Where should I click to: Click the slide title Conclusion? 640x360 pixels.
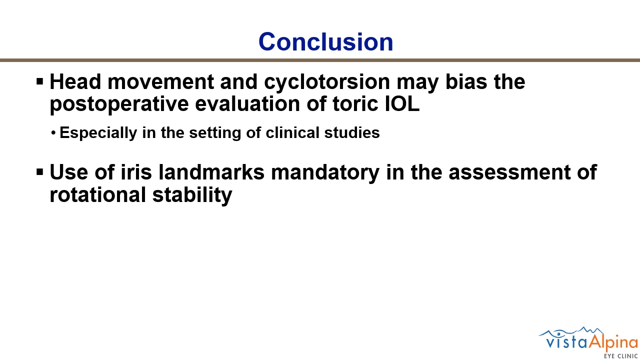[325, 41]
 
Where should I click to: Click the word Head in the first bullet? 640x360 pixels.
[75, 81]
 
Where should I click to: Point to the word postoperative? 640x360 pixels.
[119, 105]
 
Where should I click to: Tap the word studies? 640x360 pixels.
[352, 132]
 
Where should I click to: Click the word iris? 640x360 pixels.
[136, 172]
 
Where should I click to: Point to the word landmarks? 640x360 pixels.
[211, 172]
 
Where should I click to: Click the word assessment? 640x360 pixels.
[509, 172]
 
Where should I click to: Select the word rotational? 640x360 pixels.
[97, 195]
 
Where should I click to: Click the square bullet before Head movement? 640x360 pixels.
[40, 81]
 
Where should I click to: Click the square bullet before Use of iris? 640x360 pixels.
[40, 172]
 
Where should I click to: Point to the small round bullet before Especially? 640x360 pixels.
[53, 133]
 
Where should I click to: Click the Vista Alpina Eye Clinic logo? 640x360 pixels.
[588, 342]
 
